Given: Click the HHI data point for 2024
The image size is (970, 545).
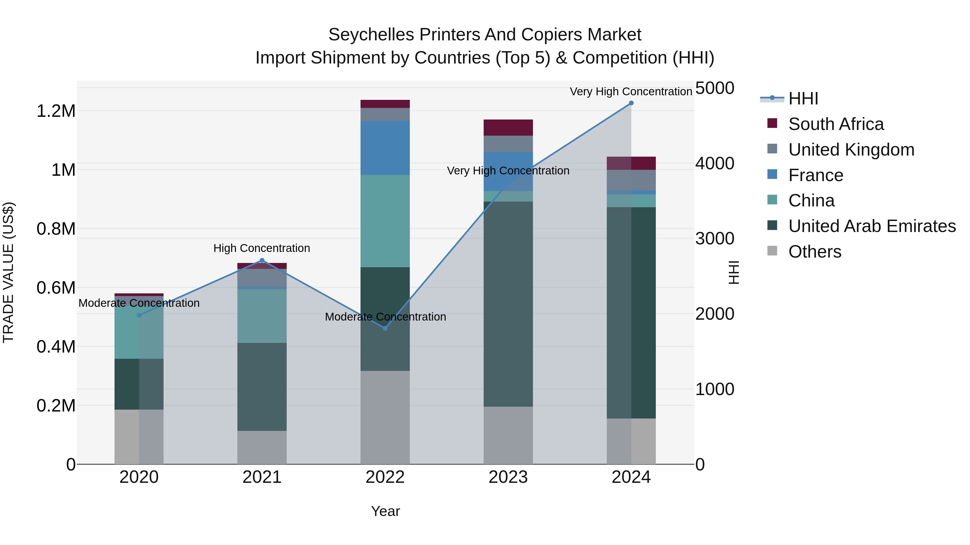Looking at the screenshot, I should coord(631,103).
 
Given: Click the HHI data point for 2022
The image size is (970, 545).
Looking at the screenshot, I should coord(385,328).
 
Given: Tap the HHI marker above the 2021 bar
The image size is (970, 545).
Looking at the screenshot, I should coord(262,260).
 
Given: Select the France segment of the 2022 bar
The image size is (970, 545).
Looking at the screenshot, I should coord(385,148).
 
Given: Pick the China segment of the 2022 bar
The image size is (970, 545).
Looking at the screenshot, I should coord(385,221).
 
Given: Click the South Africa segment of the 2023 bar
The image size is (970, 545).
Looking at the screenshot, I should coord(508,128).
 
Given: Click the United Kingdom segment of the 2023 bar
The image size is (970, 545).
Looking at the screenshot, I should coord(508,144).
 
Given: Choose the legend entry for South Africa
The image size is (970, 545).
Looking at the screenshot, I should coord(836,124).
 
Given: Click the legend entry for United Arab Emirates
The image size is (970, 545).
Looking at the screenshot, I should coord(872,226).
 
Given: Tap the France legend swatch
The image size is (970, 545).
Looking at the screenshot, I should coord(772,174).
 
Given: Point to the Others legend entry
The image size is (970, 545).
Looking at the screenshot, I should coord(815,252).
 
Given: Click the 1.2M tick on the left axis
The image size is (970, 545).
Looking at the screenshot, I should coord(56,111).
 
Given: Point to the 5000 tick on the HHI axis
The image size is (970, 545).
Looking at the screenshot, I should coord(714,88).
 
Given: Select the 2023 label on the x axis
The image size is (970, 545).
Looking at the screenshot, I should coord(508,477).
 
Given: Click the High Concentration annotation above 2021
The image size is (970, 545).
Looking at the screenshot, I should coord(262,248).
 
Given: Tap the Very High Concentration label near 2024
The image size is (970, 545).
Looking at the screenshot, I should coord(631,92).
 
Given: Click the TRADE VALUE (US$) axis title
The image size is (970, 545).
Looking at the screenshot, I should coord(8,272).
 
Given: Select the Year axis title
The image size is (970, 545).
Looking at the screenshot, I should coord(385,511).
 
